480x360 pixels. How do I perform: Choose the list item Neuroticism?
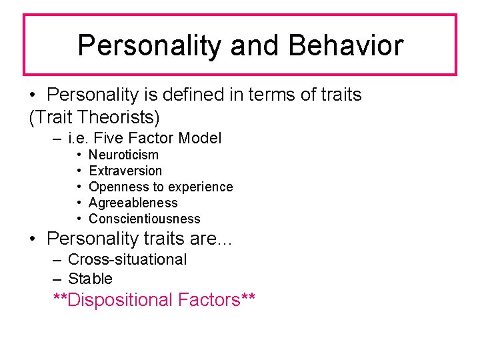click(123, 155)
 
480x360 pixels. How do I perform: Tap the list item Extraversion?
click(125, 171)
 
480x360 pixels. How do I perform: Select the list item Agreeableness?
click(133, 203)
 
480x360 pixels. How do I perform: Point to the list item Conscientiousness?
click(144, 219)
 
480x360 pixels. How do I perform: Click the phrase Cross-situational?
click(127, 259)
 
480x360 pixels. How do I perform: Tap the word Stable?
click(90, 279)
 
